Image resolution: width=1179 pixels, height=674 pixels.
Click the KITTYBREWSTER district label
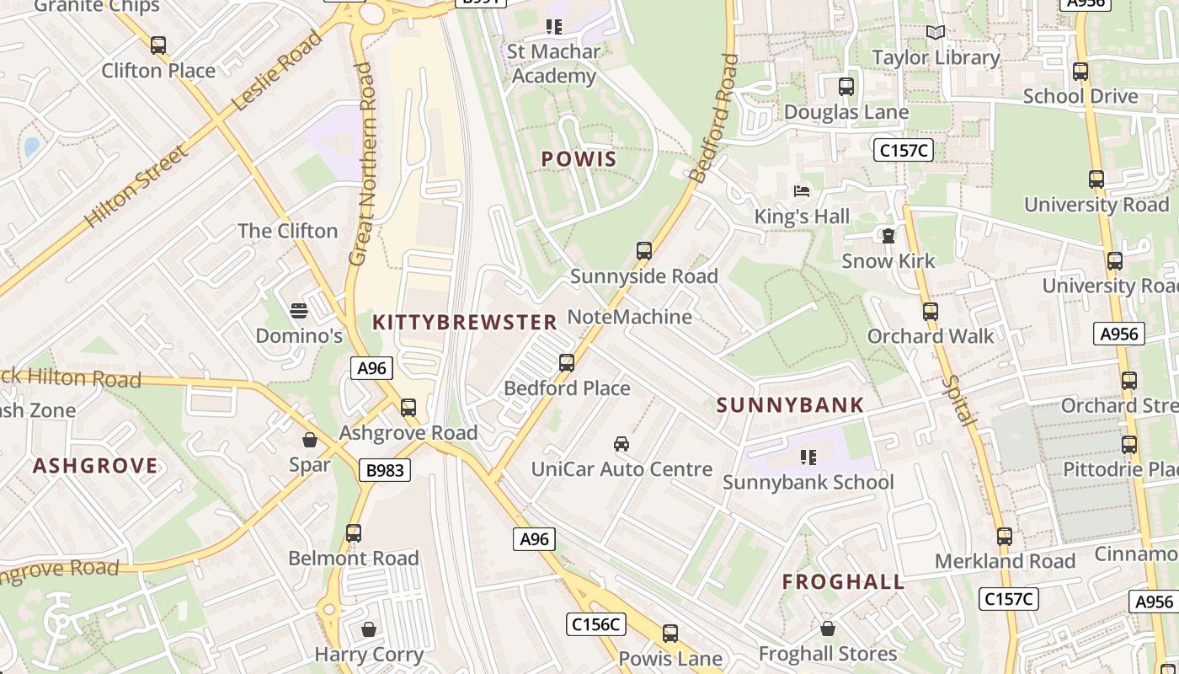click(465, 322)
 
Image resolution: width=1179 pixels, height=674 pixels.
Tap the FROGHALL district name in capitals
click(843, 581)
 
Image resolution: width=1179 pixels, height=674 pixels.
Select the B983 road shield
click(386, 470)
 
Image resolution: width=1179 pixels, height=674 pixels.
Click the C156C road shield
click(595, 624)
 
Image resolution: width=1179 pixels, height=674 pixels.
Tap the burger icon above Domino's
click(299, 311)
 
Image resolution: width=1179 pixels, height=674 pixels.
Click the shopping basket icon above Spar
click(310, 440)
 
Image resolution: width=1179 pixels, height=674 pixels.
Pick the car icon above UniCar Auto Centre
click(622, 444)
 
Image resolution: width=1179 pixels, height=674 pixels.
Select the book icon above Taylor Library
click(935, 33)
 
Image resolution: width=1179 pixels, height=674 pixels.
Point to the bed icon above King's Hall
click(802, 191)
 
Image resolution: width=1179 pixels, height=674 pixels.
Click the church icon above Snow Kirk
click(888, 235)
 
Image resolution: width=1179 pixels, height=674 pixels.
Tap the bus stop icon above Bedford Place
click(567, 363)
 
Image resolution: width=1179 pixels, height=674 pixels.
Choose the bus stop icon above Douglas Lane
click(846, 87)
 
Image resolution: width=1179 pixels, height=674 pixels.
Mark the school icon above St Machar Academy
click(553, 27)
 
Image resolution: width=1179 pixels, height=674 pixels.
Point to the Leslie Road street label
click(277, 71)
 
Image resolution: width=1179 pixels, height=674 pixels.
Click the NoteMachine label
click(630, 317)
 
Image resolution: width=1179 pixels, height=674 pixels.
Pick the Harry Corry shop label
click(369, 654)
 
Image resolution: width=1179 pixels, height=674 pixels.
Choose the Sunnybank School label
click(808, 482)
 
